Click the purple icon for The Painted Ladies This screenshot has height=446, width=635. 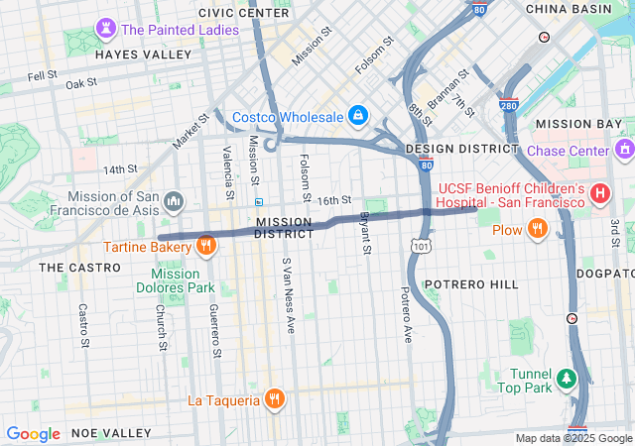click(106, 29)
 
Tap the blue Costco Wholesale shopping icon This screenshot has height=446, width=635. click(356, 117)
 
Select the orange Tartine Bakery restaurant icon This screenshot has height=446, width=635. click(206, 245)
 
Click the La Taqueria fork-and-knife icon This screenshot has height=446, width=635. click(275, 400)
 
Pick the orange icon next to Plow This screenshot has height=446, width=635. click(537, 230)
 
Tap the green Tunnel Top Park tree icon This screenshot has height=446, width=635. click(566, 379)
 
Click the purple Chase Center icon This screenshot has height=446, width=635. click(624, 151)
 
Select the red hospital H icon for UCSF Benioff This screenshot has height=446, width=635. click(598, 194)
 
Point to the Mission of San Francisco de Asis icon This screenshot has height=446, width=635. click(174, 203)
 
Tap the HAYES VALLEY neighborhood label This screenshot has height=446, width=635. click(142, 56)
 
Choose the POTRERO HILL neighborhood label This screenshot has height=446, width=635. click(471, 284)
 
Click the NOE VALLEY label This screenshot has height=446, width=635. click(112, 433)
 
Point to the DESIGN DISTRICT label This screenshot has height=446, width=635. click(462, 149)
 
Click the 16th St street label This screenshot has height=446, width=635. click(334, 200)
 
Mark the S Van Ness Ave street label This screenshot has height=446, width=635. click(288, 294)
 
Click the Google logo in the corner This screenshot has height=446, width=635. click(33, 434)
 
